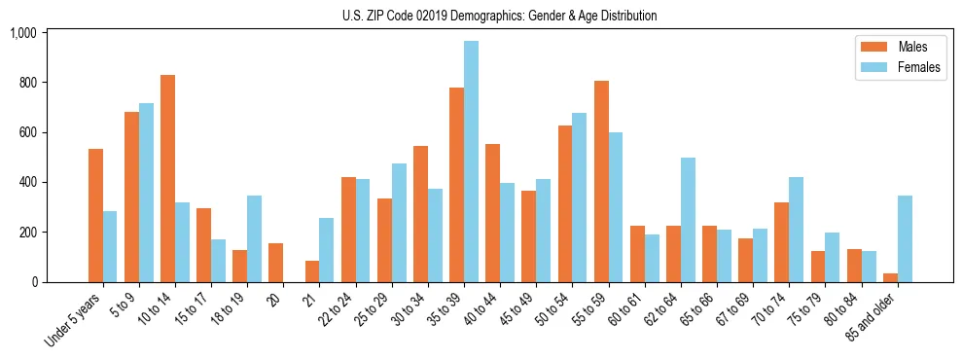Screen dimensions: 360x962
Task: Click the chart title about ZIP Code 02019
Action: pos(499,16)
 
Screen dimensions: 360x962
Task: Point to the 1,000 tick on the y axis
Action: pos(22,33)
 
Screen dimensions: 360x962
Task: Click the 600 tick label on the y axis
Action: pos(26,132)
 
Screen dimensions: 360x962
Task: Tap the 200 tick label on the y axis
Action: pos(26,233)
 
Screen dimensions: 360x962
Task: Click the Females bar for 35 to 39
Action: pos(471,162)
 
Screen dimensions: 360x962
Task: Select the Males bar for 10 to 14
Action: pos(167,178)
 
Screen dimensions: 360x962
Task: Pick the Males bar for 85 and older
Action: pos(889,278)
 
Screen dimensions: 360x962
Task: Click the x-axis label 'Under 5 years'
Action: pos(74,320)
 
